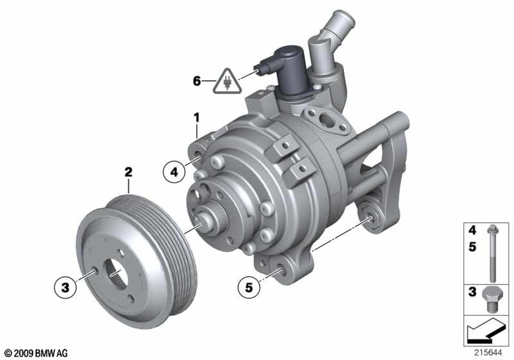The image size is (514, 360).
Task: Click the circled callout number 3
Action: coord(66,287)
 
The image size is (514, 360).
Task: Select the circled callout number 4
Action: coord(174,171)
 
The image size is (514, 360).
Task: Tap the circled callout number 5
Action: coord(249,287)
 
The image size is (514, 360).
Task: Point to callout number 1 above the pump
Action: coord(196,118)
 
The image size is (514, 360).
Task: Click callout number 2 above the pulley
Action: coord(128,172)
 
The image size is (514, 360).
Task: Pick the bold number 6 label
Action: coord(196,81)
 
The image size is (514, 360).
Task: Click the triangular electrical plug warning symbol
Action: coord(227,82)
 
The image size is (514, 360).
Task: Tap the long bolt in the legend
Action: coord(493,254)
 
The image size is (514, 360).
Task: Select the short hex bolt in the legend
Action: coord(490,300)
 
